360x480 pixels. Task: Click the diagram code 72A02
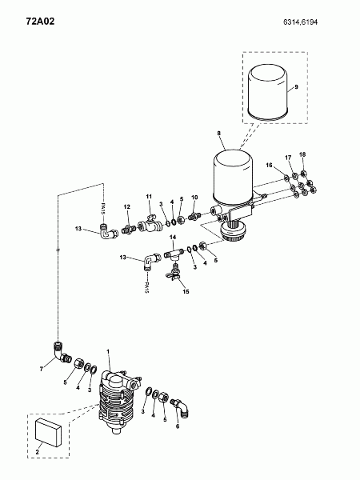(x=40, y=21)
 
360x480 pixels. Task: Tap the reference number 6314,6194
(x=300, y=22)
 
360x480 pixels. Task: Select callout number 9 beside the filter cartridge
(x=296, y=86)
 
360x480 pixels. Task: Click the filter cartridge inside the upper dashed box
(x=268, y=92)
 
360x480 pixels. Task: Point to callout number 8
(x=219, y=133)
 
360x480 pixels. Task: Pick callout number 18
(x=302, y=154)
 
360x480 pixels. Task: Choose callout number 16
(x=269, y=166)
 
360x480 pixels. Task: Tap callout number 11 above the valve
(x=149, y=196)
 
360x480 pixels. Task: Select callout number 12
(x=126, y=207)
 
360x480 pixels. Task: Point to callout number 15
(x=186, y=291)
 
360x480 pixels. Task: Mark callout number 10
(x=194, y=198)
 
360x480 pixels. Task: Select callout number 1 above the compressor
(x=108, y=351)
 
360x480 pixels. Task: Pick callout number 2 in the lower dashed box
(x=37, y=452)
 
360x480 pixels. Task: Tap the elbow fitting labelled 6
(x=181, y=406)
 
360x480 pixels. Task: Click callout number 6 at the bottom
(x=178, y=426)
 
